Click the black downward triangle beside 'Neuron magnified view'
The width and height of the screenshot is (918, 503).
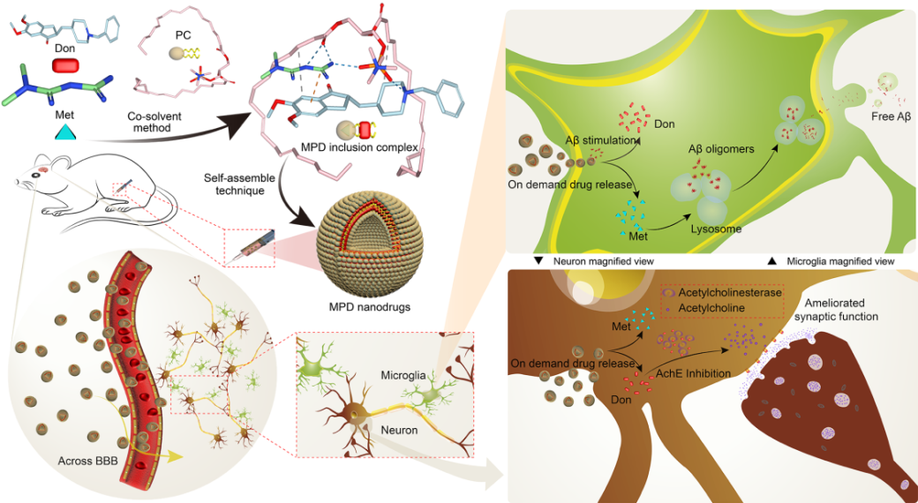pyautogui.click(x=538, y=262)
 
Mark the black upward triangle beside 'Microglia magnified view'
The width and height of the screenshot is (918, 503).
pyautogui.click(x=771, y=262)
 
